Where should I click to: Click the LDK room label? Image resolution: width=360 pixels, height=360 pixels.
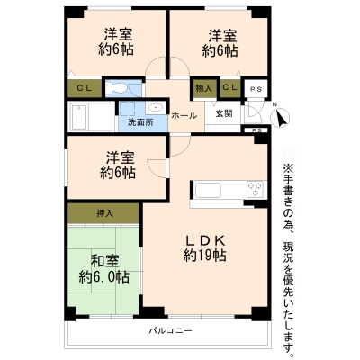click(x=205, y=240)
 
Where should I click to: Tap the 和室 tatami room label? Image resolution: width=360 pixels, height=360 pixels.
click(x=104, y=262)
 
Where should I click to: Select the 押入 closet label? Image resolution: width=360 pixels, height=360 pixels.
click(x=104, y=213)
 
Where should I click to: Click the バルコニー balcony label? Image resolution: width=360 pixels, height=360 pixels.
click(x=171, y=331)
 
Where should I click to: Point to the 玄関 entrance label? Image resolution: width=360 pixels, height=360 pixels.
click(x=224, y=113)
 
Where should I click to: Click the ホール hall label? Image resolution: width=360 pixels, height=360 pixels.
click(x=184, y=116)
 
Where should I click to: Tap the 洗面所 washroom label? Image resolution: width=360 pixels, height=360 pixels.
click(x=140, y=122)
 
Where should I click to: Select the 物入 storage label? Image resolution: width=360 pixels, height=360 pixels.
click(x=203, y=88)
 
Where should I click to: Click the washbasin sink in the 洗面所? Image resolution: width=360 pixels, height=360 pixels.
click(x=156, y=107)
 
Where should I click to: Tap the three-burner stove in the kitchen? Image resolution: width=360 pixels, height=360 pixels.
click(x=256, y=189)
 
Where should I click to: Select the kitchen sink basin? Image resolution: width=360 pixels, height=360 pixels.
click(x=208, y=190)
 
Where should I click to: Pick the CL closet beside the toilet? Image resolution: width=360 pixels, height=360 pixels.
click(x=85, y=88)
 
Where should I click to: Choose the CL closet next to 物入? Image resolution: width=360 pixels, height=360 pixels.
click(x=230, y=87)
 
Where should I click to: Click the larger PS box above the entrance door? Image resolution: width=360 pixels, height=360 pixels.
click(x=256, y=89)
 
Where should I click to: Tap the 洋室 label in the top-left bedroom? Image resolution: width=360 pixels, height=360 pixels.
click(x=118, y=34)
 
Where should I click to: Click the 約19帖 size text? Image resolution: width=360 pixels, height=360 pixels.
click(x=205, y=256)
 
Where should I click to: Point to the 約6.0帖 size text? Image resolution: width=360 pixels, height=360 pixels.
click(x=104, y=276)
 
